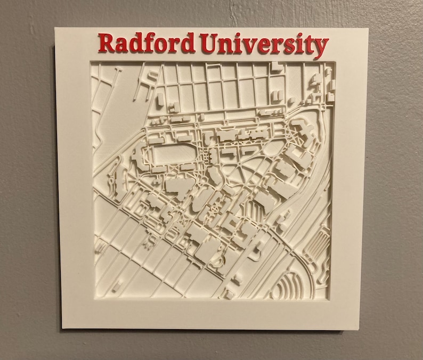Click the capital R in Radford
tap(107, 43)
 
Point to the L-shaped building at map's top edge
tap(275, 67)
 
